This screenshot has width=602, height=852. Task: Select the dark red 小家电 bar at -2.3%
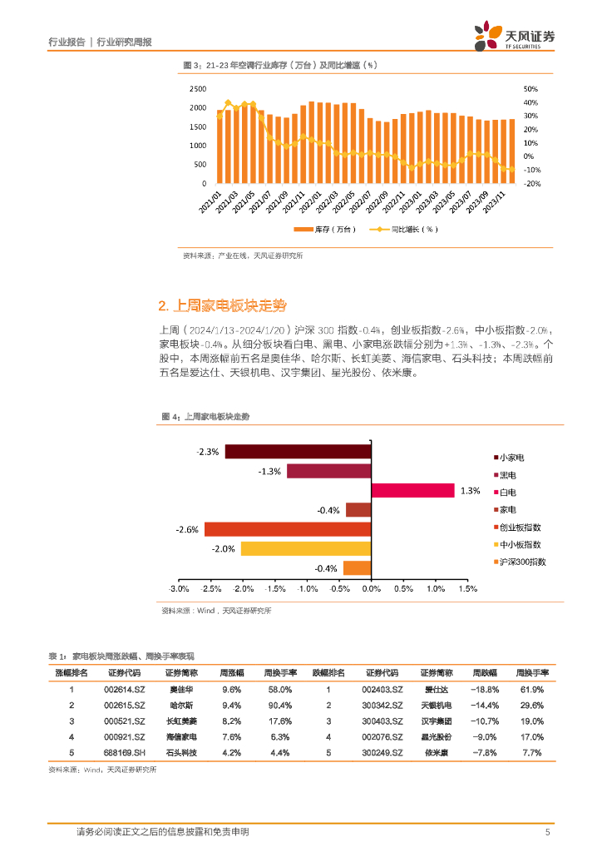click(297, 451)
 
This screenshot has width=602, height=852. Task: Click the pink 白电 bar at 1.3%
click(412, 490)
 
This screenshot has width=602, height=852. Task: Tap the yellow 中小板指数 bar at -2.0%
click(305, 548)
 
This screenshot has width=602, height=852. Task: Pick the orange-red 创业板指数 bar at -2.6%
click(287, 529)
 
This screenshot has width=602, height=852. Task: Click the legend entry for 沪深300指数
click(523, 562)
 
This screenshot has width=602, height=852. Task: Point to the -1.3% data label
click(269, 471)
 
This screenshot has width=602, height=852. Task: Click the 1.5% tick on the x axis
click(466, 589)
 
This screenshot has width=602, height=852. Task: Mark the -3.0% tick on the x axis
click(178, 589)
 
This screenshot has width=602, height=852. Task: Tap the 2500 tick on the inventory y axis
click(198, 89)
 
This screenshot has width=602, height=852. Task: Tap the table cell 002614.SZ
click(125, 690)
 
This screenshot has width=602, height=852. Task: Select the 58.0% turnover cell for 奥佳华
click(279, 690)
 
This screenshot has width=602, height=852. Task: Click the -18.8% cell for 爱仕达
click(484, 690)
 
